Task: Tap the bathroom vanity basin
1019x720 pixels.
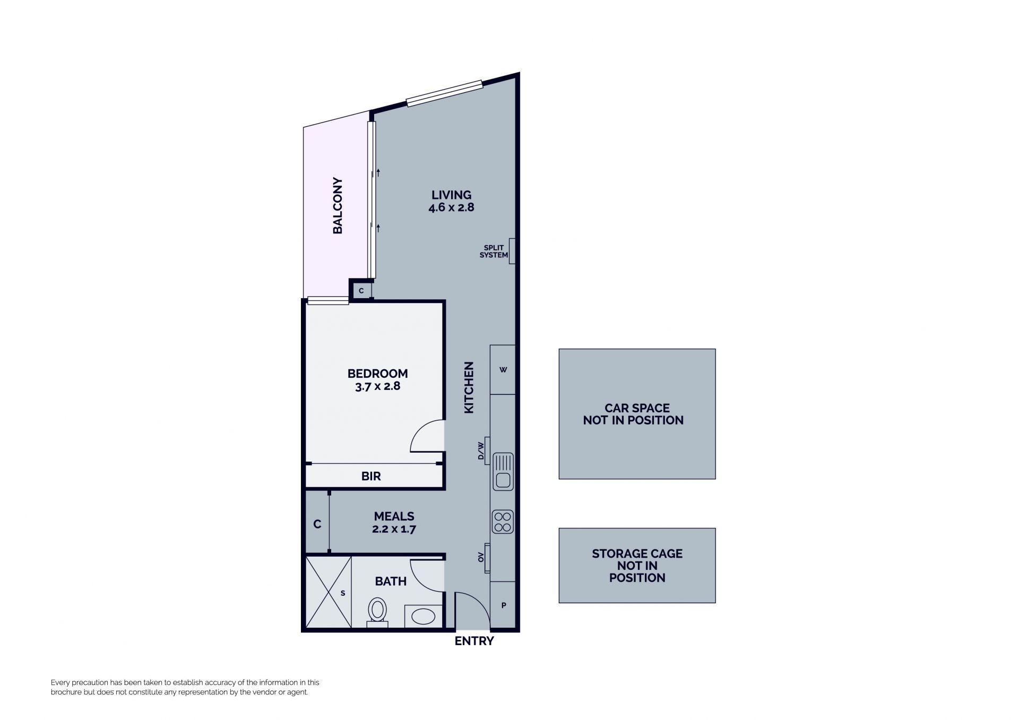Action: click(x=424, y=616)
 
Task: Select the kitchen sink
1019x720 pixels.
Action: click(x=503, y=471)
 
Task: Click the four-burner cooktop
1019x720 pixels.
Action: click(x=503, y=521)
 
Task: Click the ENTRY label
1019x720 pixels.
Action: click(x=474, y=641)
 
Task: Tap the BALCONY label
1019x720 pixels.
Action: click(x=338, y=205)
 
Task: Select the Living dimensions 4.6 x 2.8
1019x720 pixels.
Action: click(x=451, y=207)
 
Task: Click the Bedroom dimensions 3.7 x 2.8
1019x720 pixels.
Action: click(x=377, y=386)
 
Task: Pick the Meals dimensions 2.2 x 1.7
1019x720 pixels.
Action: click(x=394, y=529)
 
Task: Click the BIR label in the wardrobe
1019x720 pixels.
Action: click(x=371, y=476)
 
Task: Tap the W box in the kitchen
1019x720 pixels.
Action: click(x=503, y=370)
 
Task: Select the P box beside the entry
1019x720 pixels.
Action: click(x=503, y=605)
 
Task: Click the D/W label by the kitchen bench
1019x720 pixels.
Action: click(x=481, y=450)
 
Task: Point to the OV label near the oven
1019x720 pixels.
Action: click(x=481, y=557)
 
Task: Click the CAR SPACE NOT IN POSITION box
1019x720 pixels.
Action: click(x=637, y=414)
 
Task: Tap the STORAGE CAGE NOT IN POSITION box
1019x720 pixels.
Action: click(x=637, y=565)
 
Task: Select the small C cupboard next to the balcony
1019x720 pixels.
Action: click(x=361, y=290)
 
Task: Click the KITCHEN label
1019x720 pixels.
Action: click(x=469, y=387)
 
